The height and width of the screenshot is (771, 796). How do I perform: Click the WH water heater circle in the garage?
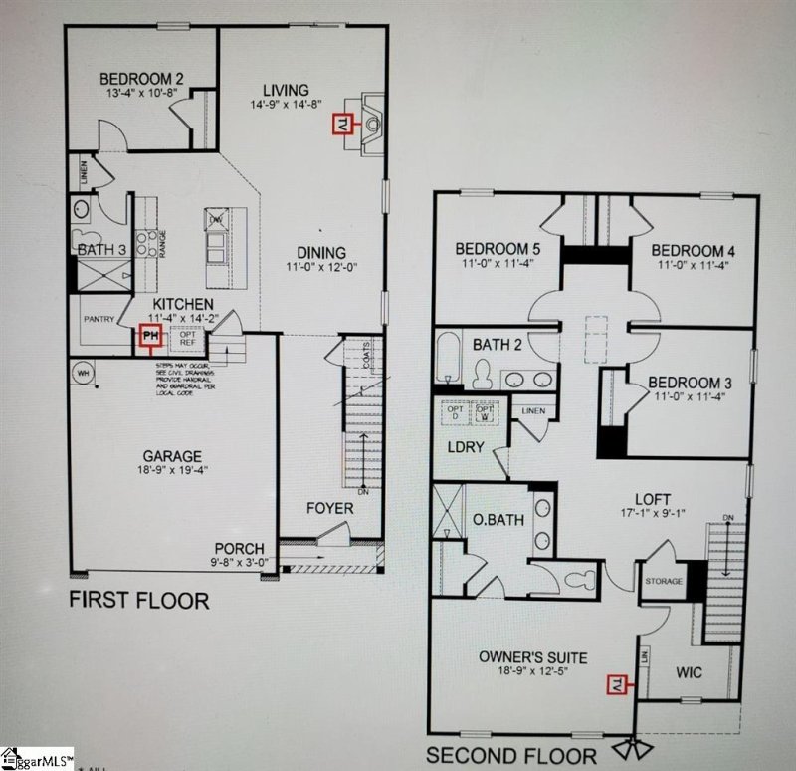coord(81,374)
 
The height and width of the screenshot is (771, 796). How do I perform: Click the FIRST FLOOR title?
coord(138,601)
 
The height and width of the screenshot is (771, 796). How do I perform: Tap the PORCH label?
coord(240,549)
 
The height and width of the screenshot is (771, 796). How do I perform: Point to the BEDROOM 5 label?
coord(497,249)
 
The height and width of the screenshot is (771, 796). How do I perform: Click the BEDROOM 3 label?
coord(691,382)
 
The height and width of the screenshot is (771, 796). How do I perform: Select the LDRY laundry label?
coord(465,447)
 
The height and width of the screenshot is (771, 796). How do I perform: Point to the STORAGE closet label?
coord(664,581)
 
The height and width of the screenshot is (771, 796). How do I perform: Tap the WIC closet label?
coord(689,673)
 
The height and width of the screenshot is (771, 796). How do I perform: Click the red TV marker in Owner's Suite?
coord(616,683)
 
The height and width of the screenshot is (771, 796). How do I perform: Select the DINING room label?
coord(319,252)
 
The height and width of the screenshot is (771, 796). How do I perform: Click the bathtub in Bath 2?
coord(449,359)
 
